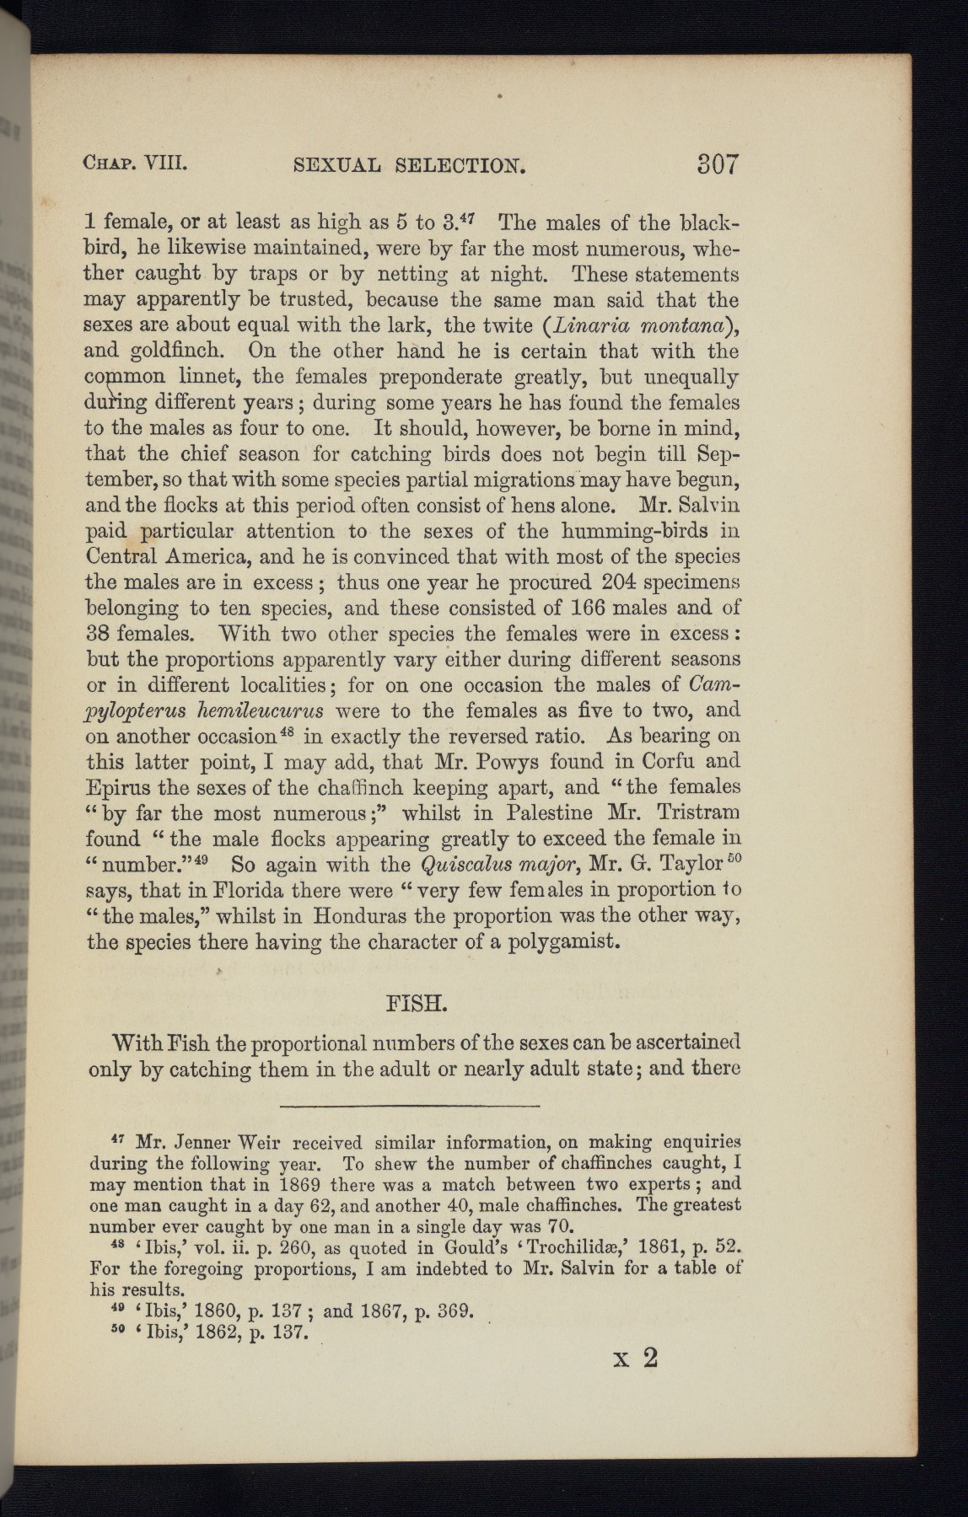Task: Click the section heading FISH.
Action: pos(414,1005)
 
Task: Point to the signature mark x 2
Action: pos(637,1358)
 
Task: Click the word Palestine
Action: pos(549,813)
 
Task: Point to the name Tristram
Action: pos(698,813)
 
